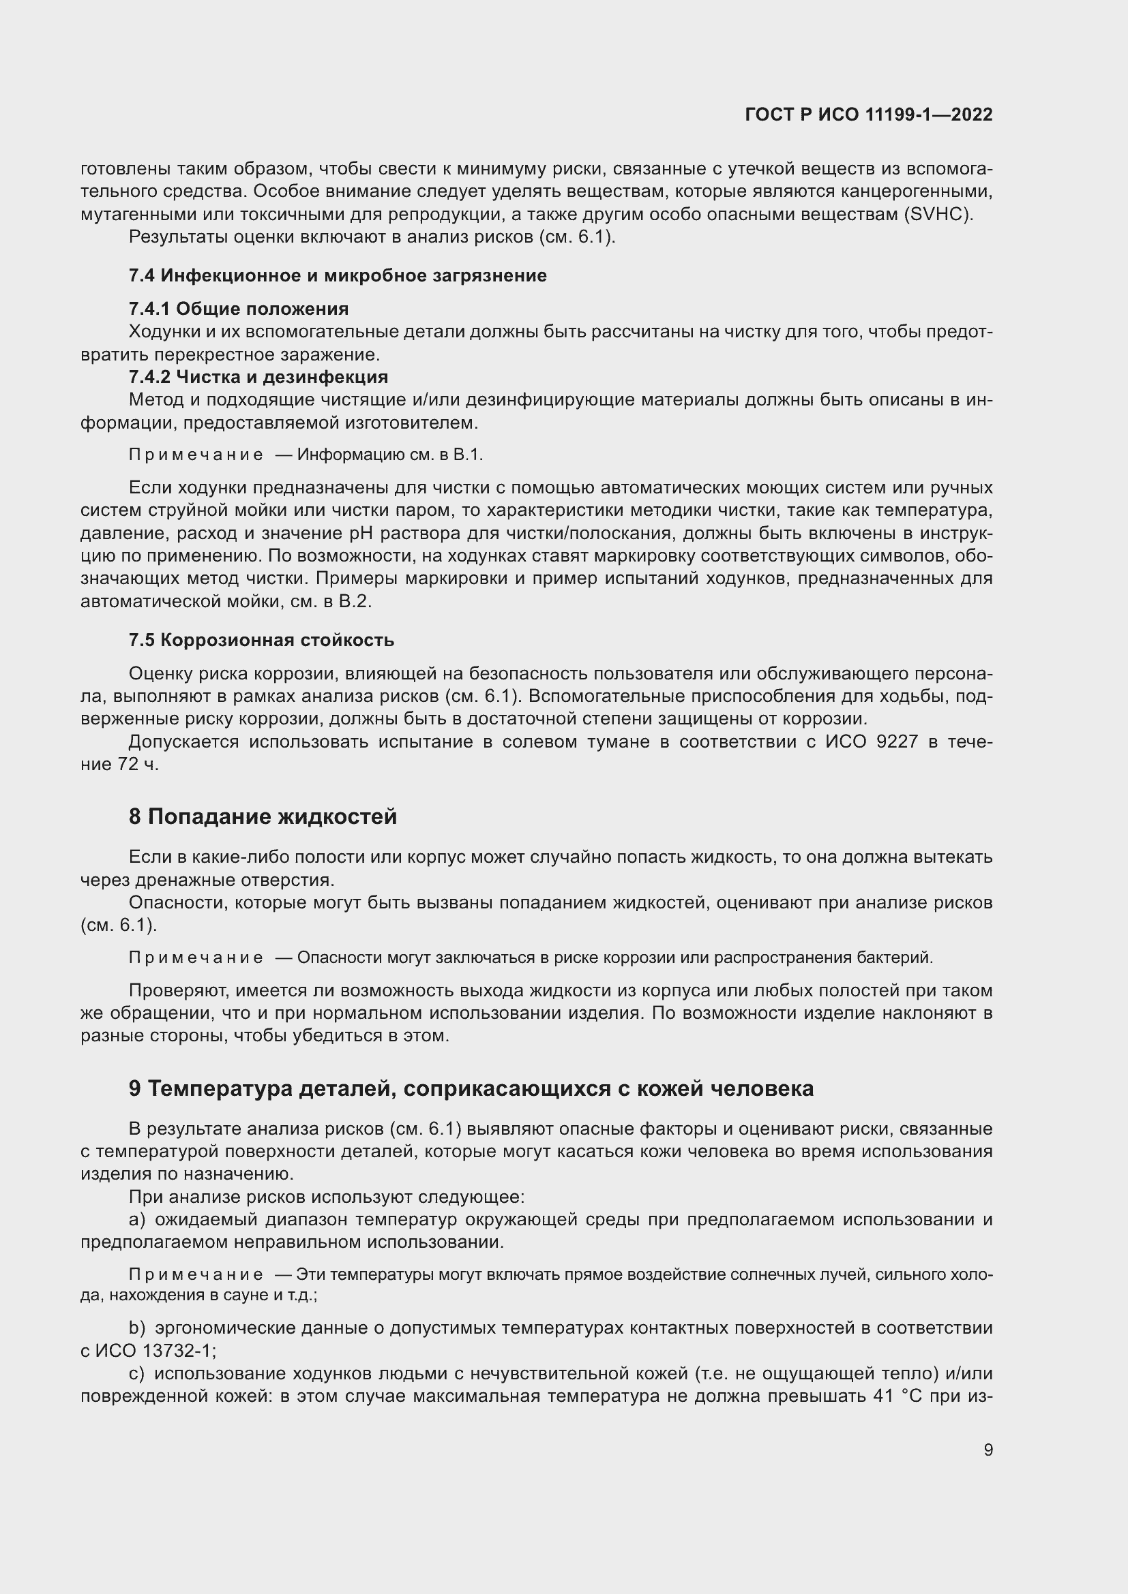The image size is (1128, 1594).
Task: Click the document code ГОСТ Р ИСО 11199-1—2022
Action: tap(867, 114)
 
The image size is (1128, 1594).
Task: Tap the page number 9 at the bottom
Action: tap(988, 1450)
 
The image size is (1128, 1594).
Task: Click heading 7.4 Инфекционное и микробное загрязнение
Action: tap(338, 275)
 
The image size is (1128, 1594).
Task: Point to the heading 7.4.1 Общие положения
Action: tap(238, 308)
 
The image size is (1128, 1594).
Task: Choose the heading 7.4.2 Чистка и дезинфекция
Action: tap(258, 377)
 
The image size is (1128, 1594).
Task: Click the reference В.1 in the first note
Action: tap(467, 455)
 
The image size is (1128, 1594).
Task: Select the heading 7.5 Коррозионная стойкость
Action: tap(261, 640)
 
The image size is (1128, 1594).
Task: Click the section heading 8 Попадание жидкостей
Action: tap(263, 816)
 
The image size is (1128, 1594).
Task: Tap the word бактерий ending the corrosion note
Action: tap(902, 958)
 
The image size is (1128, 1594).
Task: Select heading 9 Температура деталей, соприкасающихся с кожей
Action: tap(471, 1088)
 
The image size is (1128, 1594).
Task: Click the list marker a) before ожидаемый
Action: tap(137, 1220)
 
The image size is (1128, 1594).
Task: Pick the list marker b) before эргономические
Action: tap(137, 1328)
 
